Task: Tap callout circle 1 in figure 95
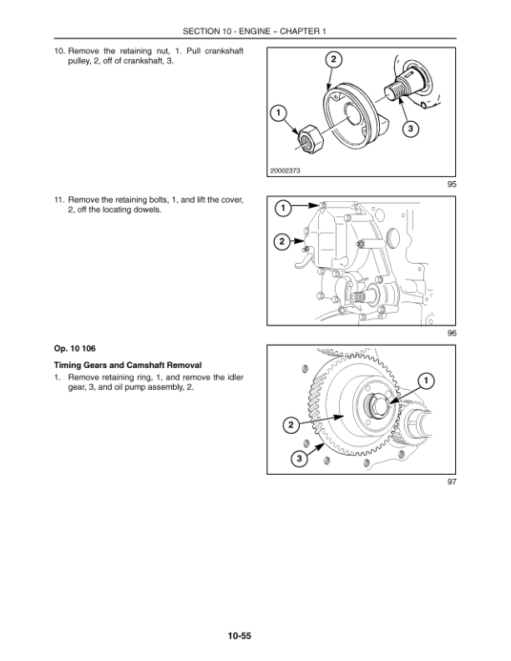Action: [x=278, y=113]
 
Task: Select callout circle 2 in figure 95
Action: [x=333, y=59]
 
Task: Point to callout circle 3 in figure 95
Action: [x=410, y=129]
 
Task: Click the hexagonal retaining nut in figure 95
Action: [x=311, y=140]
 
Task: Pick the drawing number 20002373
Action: [x=285, y=171]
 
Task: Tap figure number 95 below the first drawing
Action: [x=452, y=184]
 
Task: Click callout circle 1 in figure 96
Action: [x=283, y=208]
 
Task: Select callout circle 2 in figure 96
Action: [x=282, y=241]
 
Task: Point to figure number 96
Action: [x=452, y=333]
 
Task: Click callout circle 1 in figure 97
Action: [x=426, y=381]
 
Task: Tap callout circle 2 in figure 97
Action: [x=291, y=425]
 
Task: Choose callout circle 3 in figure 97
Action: [x=300, y=458]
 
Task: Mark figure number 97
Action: [x=452, y=482]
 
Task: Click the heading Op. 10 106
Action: [x=74, y=349]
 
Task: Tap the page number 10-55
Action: [x=240, y=636]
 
